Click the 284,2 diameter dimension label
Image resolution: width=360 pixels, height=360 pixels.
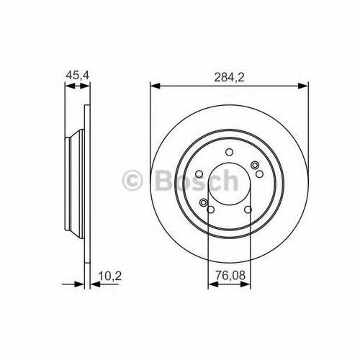click(229, 77)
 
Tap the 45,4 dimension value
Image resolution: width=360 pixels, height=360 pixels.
click(78, 76)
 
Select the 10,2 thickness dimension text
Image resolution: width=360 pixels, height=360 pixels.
click(110, 276)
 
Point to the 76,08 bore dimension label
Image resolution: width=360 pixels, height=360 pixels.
click(230, 276)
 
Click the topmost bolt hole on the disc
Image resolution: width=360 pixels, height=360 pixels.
click(230, 152)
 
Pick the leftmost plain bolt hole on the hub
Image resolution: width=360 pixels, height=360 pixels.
click(199, 174)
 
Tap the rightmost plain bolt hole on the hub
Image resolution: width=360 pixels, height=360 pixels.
click(259, 174)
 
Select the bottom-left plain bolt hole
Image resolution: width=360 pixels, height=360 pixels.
click(210, 210)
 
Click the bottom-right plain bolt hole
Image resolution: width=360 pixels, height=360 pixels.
click(248, 210)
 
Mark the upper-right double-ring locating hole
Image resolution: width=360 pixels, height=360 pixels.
click(254, 165)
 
